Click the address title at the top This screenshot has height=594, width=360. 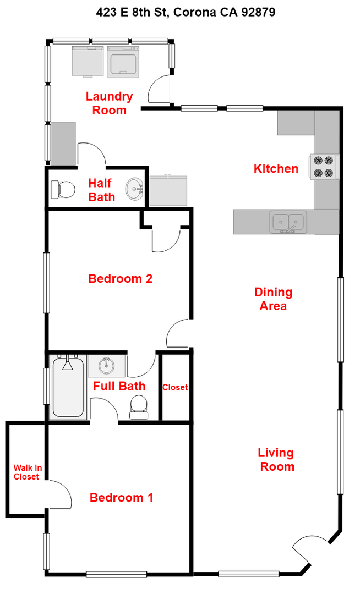pyautogui.click(x=180, y=12)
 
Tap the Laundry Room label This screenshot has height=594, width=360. pyautogui.click(x=109, y=103)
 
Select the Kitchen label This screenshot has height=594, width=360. pyautogui.click(x=276, y=169)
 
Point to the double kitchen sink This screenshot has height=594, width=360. pyautogui.click(x=289, y=222)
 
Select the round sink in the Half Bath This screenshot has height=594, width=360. pyautogui.click(x=134, y=190)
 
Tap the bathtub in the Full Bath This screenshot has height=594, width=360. pyautogui.click(x=68, y=387)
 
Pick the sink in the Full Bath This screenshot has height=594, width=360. pyautogui.click(x=107, y=365)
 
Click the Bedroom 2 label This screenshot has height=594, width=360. pyautogui.click(x=120, y=279)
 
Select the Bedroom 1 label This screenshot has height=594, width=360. pyautogui.click(x=121, y=498)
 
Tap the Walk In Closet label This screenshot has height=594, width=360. pyautogui.click(x=27, y=472)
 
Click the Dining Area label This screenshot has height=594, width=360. pyautogui.click(x=273, y=299)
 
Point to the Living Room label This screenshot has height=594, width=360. pyautogui.click(x=276, y=460)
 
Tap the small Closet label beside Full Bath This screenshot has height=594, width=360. pyautogui.click(x=175, y=387)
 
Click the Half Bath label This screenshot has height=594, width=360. pyautogui.click(x=102, y=190)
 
